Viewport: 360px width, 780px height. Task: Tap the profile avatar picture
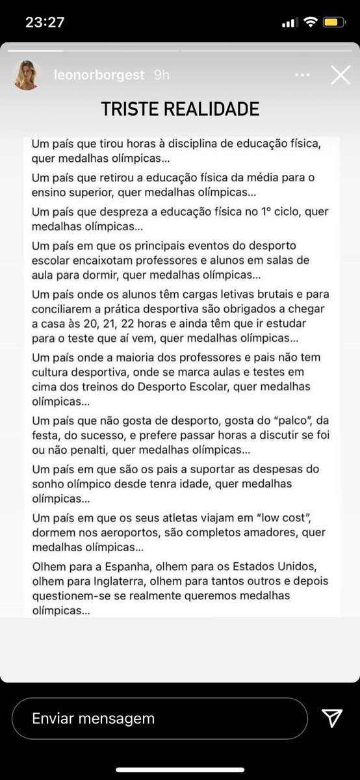27,75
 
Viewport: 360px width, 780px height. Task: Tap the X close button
341,75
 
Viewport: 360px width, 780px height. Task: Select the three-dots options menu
302,75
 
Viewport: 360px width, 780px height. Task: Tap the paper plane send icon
332,718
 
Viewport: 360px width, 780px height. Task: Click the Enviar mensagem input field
159,718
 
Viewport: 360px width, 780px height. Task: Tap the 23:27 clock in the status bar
45,22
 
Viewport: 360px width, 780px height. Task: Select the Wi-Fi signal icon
310,22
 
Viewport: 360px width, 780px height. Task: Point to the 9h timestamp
162,75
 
